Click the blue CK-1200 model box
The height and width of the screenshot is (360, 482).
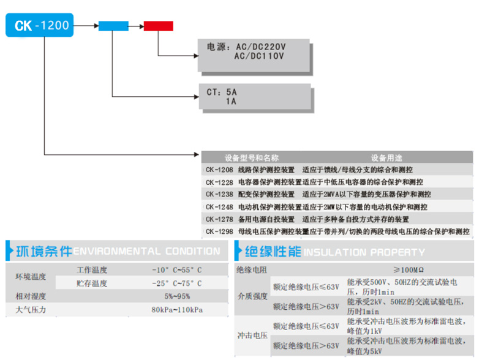tap(39, 25)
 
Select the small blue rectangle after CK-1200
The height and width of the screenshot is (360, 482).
tap(113, 26)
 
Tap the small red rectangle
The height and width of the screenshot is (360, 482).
tap(159, 26)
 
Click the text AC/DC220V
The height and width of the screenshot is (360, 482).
tap(260, 47)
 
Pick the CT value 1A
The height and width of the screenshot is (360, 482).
tap(232, 102)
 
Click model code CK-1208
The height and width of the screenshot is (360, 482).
tap(219, 170)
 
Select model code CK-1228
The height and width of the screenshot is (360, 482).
tap(219, 182)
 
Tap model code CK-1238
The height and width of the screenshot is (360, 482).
tap(219, 194)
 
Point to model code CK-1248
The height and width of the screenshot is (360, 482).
tap(219, 207)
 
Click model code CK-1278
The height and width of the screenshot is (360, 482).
tap(219, 219)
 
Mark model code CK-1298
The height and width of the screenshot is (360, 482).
tap(219, 231)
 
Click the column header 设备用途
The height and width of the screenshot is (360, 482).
tap(386, 157)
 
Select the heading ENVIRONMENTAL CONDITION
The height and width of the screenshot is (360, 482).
tap(147, 251)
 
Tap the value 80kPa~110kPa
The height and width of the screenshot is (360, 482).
tap(177, 310)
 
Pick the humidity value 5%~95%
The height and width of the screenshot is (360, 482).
tap(177, 296)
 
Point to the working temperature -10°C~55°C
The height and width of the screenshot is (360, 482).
tap(177, 270)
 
